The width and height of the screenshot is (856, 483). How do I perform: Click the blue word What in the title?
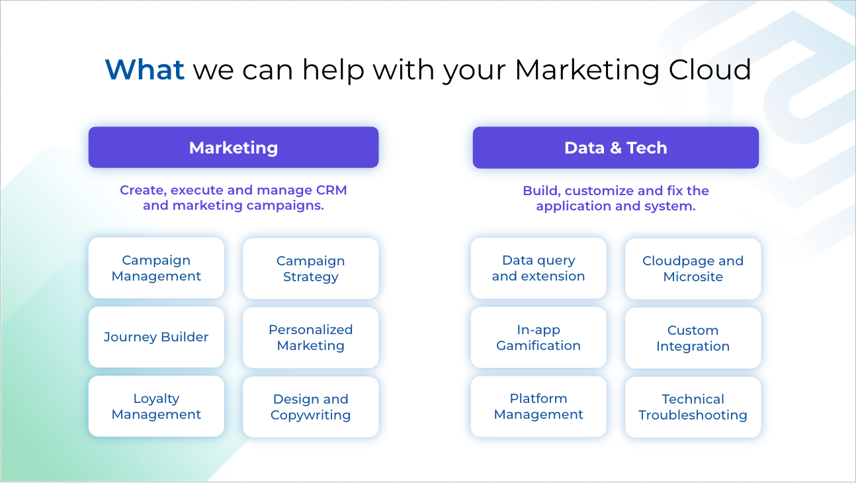[145, 69]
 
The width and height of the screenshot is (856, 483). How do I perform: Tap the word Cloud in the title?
[710, 69]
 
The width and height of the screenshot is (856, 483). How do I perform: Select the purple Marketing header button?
[234, 148]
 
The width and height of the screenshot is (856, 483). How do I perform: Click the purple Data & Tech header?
[616, 148]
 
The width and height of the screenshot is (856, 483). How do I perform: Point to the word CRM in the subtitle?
[331, 190]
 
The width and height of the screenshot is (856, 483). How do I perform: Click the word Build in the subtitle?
[540, 191]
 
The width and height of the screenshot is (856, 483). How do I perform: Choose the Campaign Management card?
[156, 268]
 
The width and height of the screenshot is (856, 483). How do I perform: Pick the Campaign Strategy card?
[311, 269]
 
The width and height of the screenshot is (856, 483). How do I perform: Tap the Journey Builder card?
[156, 337]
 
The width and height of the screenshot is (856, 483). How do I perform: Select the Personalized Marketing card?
[311, 338]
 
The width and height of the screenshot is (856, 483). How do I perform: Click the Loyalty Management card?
[156, 406]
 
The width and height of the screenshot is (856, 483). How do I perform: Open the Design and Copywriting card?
[311, 407]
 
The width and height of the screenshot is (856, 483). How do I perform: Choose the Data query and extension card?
[538, 268]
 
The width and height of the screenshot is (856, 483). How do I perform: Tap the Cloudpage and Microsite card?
[693, 269]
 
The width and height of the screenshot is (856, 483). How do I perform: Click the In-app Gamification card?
[538, 337]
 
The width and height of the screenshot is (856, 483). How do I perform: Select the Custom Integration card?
[693, 338]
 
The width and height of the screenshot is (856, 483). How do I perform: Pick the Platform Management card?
[538, 406]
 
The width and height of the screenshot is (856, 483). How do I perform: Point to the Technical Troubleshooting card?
[693, 408]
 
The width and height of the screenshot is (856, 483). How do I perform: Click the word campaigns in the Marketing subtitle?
[285, 206]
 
